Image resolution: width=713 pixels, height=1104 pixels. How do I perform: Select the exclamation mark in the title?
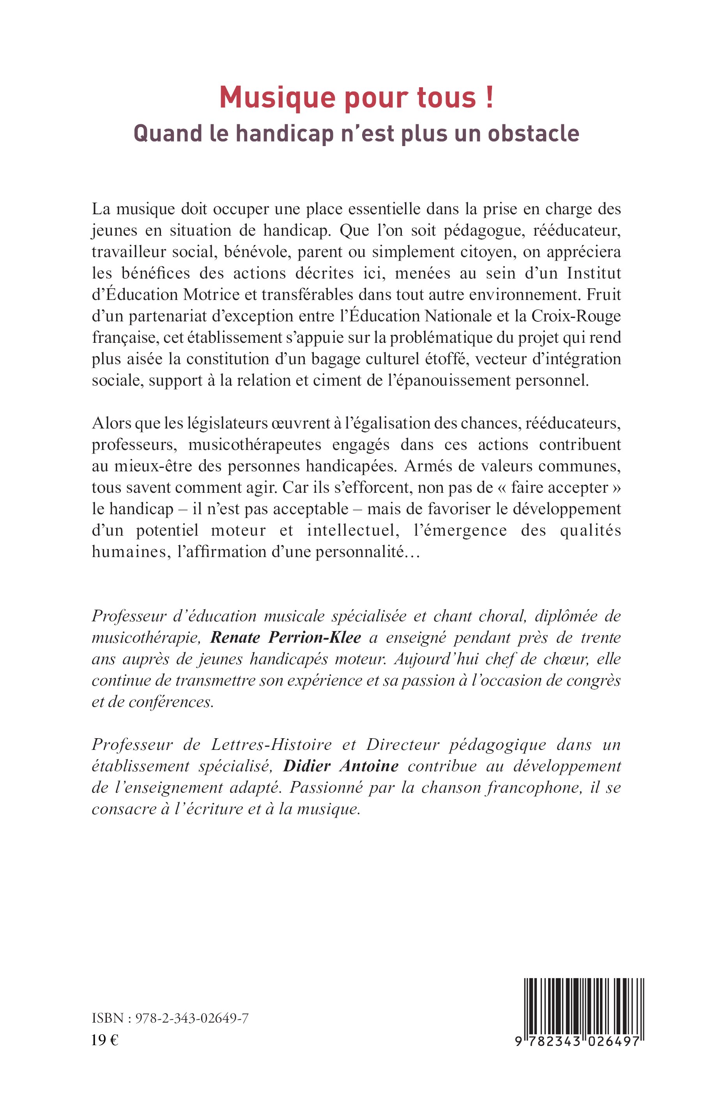[x=489, y=98]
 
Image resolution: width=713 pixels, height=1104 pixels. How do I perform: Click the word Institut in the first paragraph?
[x=594, y=273]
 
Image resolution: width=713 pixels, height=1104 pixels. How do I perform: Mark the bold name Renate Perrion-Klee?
[x=286, y=638]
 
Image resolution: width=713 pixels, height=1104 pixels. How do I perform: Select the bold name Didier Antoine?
[x=341, y=766]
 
